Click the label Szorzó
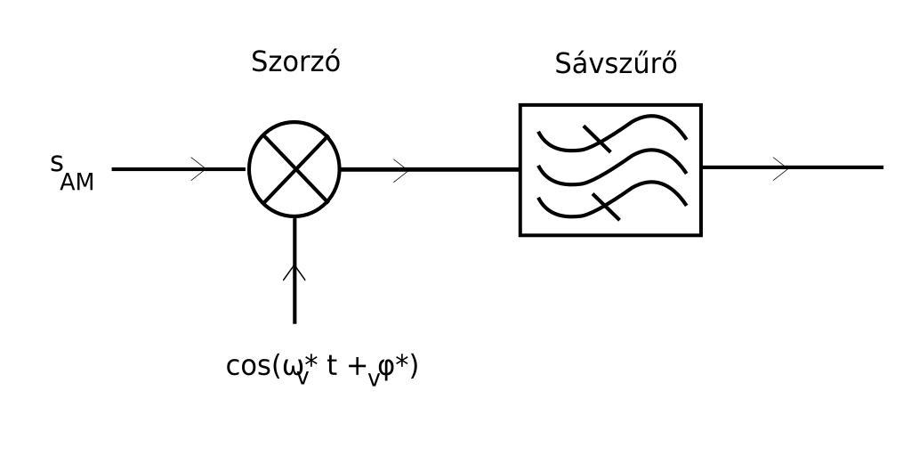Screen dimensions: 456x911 (x=295, y=62)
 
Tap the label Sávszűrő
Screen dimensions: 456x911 (x=616, y=64)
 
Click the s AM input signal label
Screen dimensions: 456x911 (x=71, y=170)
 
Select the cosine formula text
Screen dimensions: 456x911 (x=322, y=367)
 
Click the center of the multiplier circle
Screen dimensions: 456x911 (x=294, y=168)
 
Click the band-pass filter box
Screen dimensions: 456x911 (x=610, y=169)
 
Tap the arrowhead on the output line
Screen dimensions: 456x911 (x=781, y=167)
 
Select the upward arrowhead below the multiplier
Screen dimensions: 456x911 (x=294, y=272)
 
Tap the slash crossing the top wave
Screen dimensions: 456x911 (x=597, y=139)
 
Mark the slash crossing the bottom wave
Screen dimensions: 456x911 (x=606, y=206)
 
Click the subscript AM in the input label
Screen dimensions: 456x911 (x=77, y=183)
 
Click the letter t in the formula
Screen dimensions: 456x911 (x=331, y=366)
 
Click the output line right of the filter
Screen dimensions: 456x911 (x=836, y=167)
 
